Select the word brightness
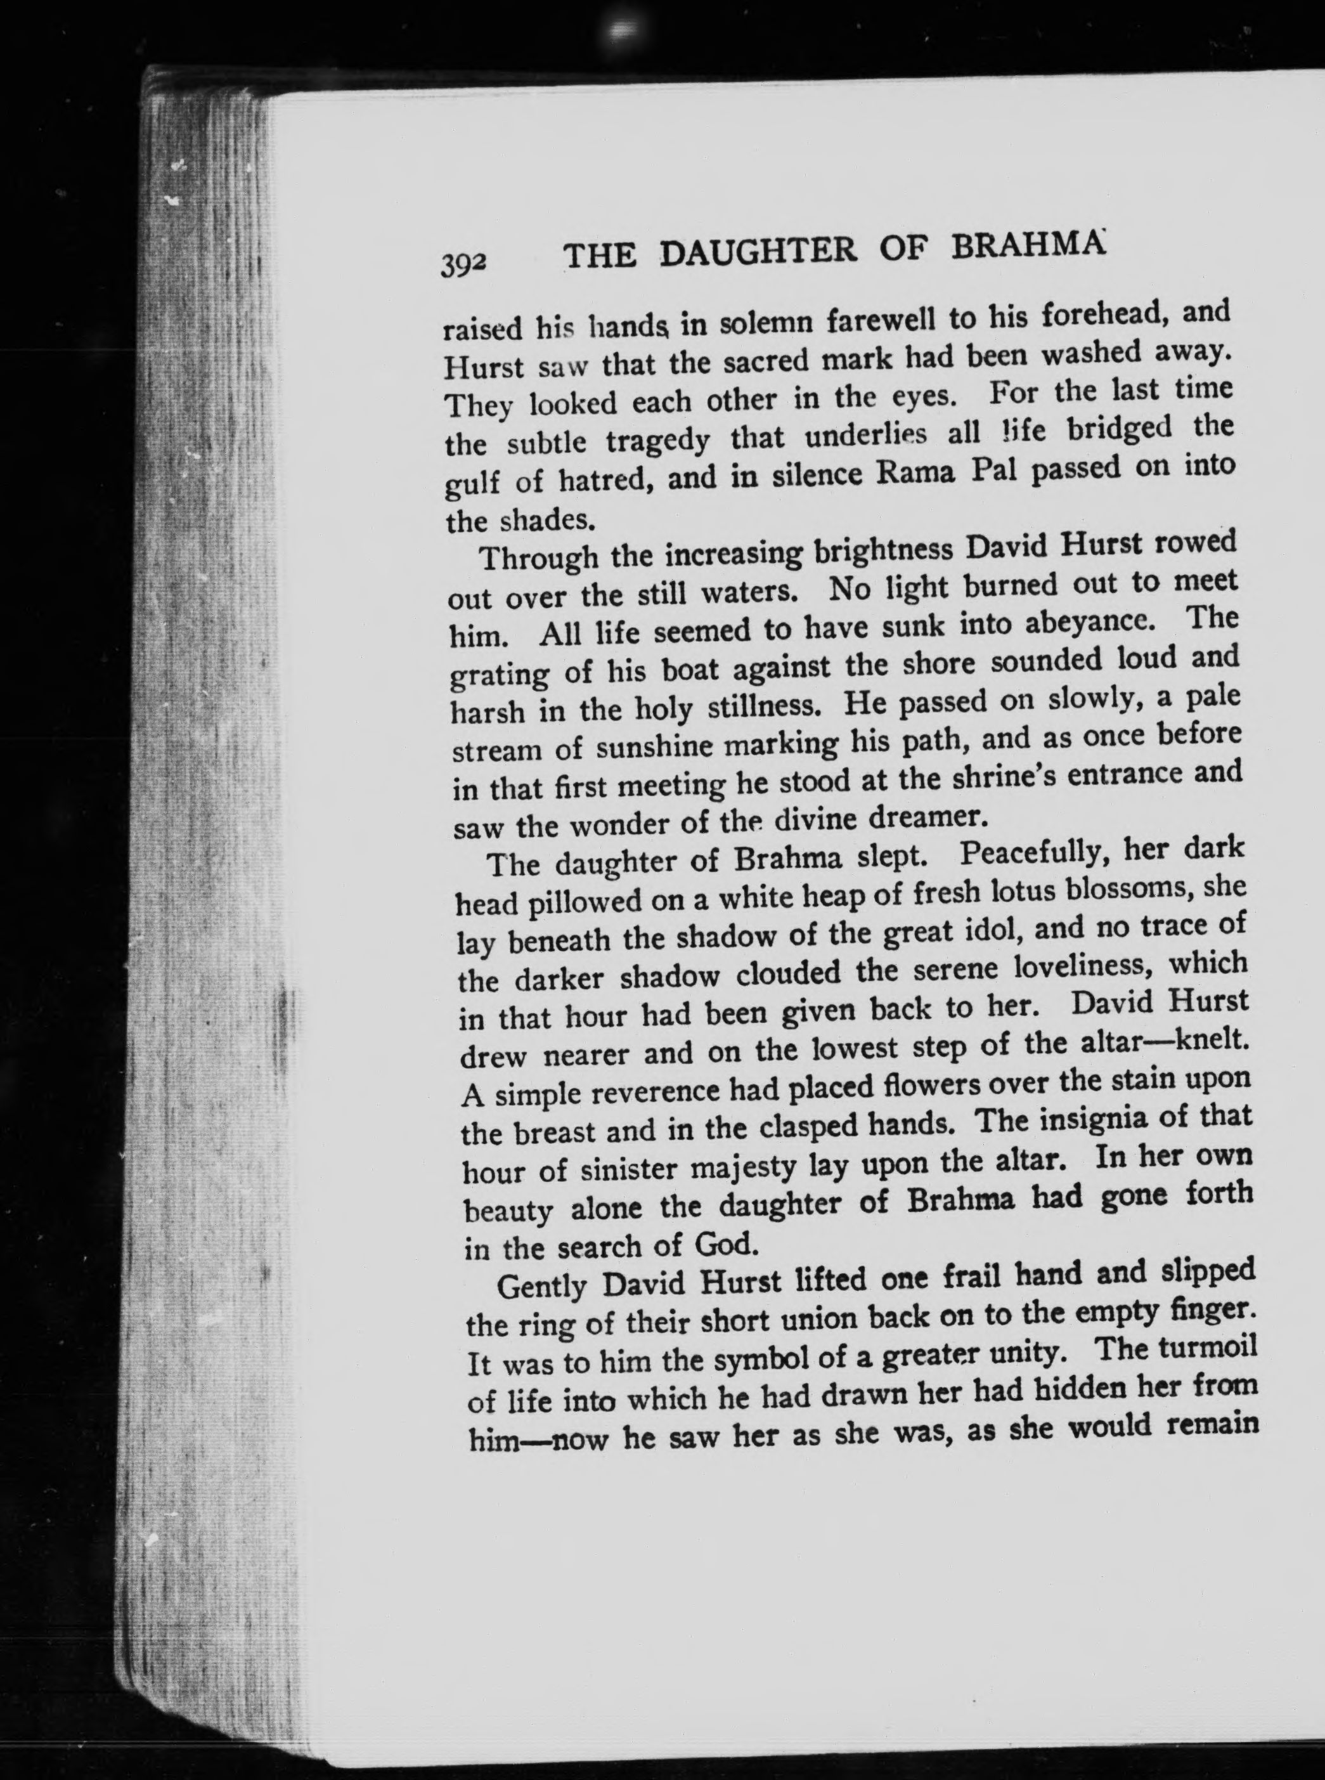click(x=884, y=551)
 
